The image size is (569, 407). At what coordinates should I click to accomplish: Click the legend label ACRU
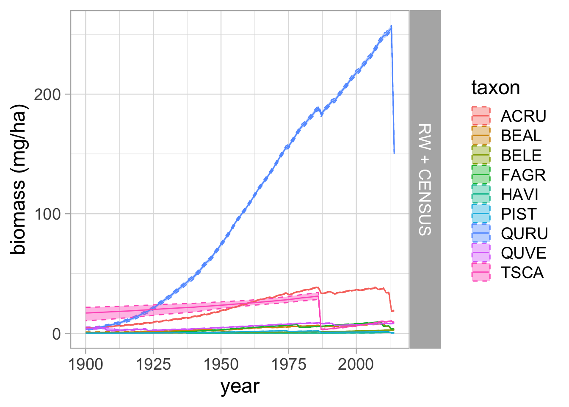pos(524,116)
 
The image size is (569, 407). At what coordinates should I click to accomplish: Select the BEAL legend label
pos(522,136)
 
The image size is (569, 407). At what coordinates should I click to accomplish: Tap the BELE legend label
pos(522,155)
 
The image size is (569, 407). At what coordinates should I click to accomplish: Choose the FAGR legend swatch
pos(481,175)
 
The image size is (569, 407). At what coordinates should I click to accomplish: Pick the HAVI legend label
pos(520,194)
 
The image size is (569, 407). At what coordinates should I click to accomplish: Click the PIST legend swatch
pos(481,214)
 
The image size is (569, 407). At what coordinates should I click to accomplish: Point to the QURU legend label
pos(525,234)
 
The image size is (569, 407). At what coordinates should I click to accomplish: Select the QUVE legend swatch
pos(481,253)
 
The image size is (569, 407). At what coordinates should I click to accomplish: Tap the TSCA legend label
pos(522,273)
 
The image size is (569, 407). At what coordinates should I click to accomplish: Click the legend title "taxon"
pos(496,88)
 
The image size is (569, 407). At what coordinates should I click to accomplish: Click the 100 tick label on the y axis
pos(47,214)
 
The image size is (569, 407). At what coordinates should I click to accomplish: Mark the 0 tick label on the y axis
pos(57,334)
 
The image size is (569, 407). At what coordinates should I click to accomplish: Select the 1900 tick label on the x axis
pos(86,364)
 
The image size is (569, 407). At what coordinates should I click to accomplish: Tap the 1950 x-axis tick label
pos(221,364)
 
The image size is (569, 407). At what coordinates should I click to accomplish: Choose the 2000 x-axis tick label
pos(356,364)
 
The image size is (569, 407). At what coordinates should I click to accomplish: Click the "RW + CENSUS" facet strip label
pos(425,180)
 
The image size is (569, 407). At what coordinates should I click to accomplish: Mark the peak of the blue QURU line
pos(391,26)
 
